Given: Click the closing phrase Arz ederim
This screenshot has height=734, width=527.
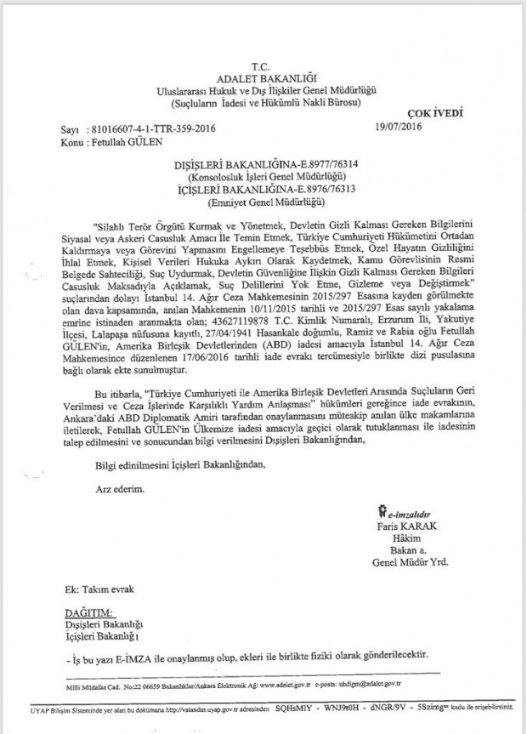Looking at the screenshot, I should pos(114,489).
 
